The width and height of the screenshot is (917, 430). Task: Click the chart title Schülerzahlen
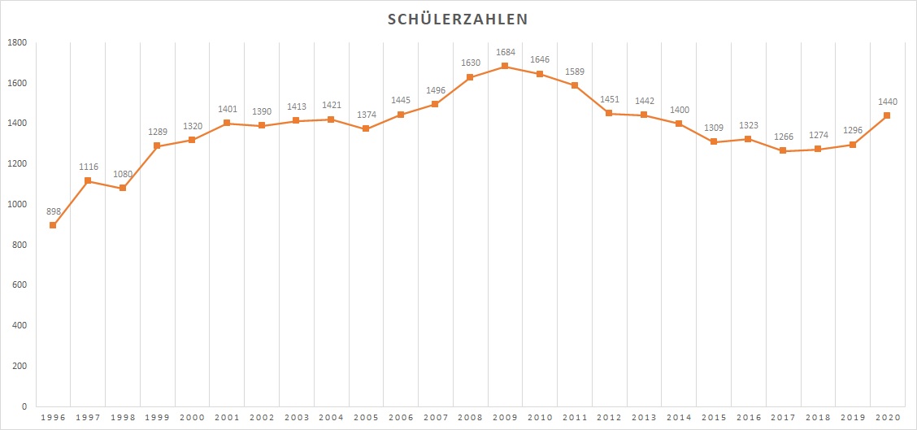[x=458, y=19]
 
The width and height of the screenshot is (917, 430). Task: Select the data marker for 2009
[x=505, y=66]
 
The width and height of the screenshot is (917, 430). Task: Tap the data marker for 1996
[x=53, y=225]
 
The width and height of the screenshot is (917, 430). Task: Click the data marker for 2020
[x=887, y=115]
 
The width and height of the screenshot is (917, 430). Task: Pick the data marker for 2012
[x=609, y=113]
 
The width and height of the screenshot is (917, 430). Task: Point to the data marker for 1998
[x=123, y=188]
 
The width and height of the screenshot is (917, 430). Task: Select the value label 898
[x=53, y=211]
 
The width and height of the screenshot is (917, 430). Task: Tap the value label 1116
[x=88, y=167]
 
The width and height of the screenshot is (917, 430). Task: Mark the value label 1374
[x=366, y=115]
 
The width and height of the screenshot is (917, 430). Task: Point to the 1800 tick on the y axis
[x=17, y=43]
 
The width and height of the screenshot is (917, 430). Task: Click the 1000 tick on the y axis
[x=17, y=205]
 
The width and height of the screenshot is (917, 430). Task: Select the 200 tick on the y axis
[x=20, y=367]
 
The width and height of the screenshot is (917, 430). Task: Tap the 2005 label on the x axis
[x=366, y=417]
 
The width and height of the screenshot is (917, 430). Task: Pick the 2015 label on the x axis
[x=714, y=417]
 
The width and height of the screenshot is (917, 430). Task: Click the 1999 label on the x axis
[x=158, y=417]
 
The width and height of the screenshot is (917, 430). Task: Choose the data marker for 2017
[x=783, y=150]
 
